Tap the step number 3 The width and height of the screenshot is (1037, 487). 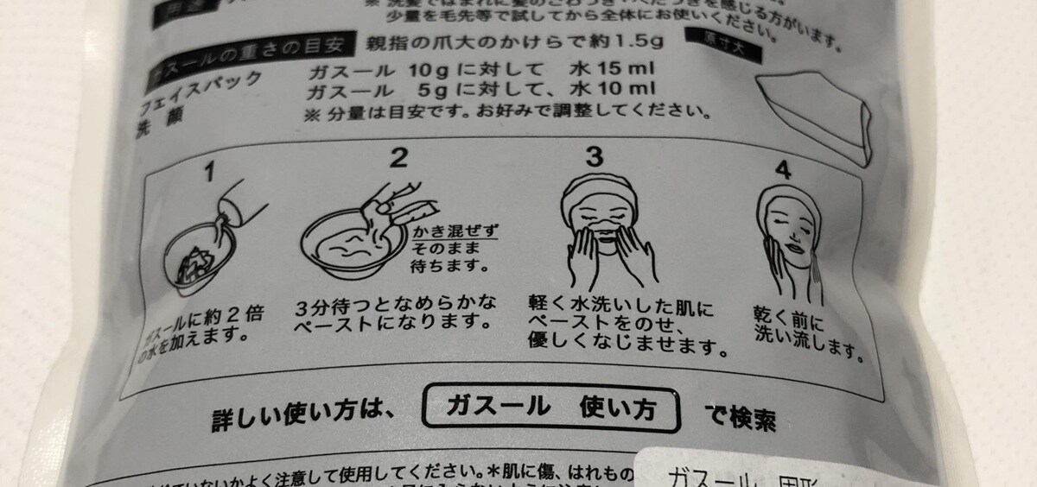tap(594, 157)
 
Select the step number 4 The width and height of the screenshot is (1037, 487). tap(783, 170)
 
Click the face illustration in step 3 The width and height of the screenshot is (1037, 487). tap(600, 216)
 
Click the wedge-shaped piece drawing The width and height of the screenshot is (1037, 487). tap(812, 112)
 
